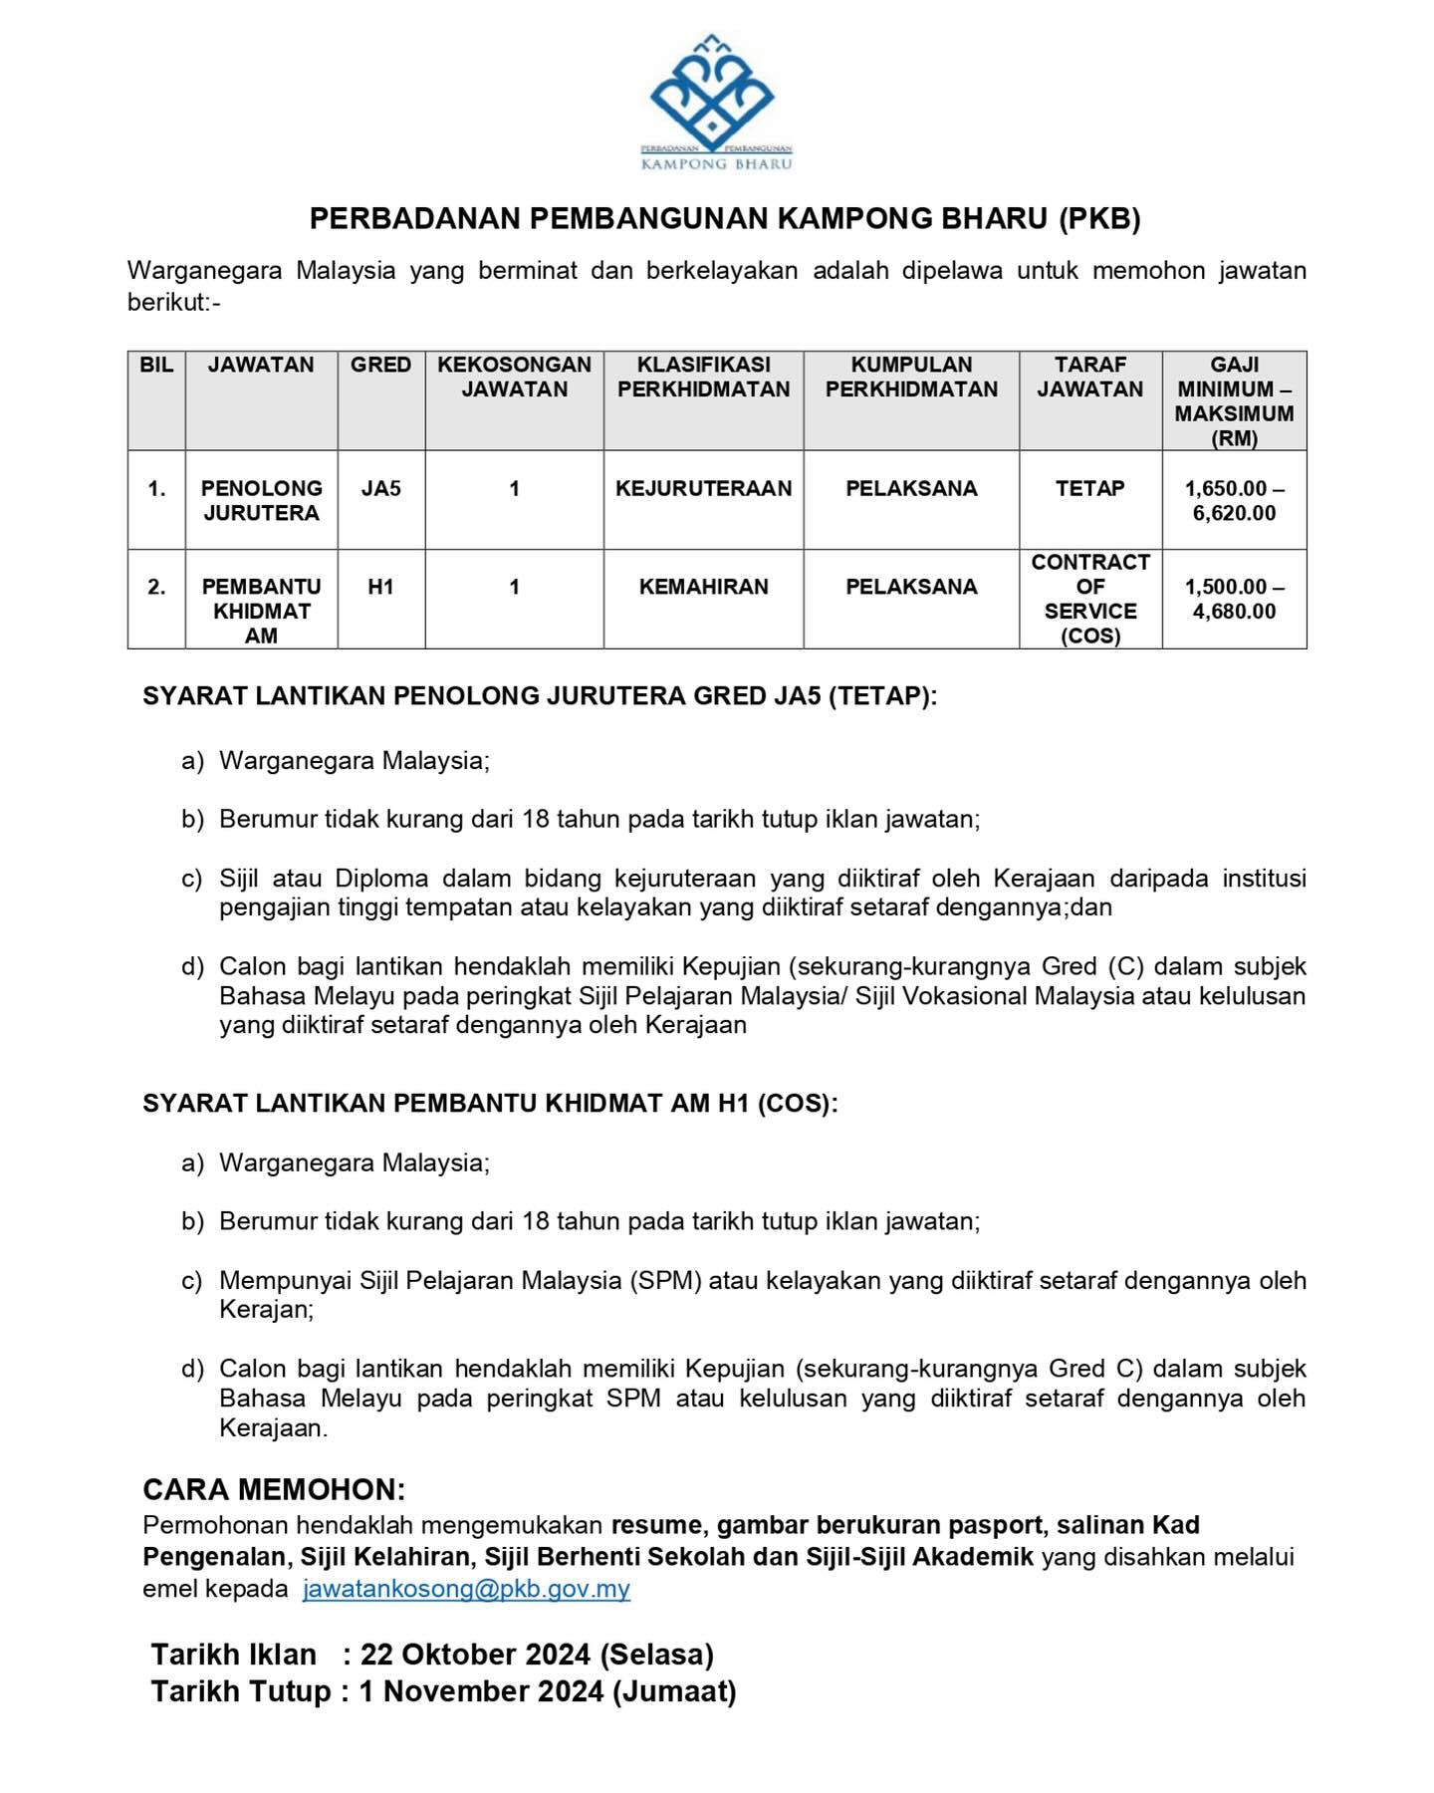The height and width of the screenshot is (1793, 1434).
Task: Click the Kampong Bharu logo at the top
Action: (716, 103)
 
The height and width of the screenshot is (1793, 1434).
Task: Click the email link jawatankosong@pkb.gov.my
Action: (466, 1588)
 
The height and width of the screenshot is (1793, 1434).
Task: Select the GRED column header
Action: (380, 366)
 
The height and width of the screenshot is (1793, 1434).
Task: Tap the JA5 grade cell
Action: (380, 488)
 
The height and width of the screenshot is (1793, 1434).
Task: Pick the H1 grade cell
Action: (380, 587)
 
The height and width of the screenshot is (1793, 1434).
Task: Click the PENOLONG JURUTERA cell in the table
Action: (261, 500)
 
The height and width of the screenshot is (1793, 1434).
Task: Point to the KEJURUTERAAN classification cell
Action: (703, 488)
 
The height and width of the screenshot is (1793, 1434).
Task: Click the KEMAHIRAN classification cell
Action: (703, 587)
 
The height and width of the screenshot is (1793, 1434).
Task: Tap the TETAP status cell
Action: (1089, 488)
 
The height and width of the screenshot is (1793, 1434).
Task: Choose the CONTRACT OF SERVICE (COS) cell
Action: (1089, 599)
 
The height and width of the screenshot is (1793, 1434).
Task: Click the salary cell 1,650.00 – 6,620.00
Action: (1234, 500)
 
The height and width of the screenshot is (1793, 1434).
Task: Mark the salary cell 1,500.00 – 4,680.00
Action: (1234, 599)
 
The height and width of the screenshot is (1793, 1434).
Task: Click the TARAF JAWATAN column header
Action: (1089, 377)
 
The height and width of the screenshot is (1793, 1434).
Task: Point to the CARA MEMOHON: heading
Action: (274, 1489)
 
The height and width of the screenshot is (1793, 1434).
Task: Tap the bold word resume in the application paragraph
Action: (658, 1525)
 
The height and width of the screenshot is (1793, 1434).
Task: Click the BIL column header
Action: (156, 366)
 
